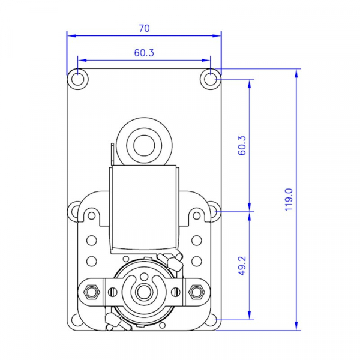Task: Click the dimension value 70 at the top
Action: coord(144,28)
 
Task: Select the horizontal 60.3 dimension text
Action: coord(144,53)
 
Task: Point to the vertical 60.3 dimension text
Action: coord(242,145)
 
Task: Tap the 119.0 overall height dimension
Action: coord(289,199)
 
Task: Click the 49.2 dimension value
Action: coord(242,266)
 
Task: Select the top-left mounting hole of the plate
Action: coord(77,79)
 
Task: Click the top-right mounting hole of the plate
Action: coord(211,79)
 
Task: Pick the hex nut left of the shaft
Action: coord(92,292)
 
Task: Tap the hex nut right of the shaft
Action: coord(196,292)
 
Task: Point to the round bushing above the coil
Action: coord(144,144)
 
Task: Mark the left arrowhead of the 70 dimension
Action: coord(70,35)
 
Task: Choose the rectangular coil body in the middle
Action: coord(144,207)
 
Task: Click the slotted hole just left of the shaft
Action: coord(112,292)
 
